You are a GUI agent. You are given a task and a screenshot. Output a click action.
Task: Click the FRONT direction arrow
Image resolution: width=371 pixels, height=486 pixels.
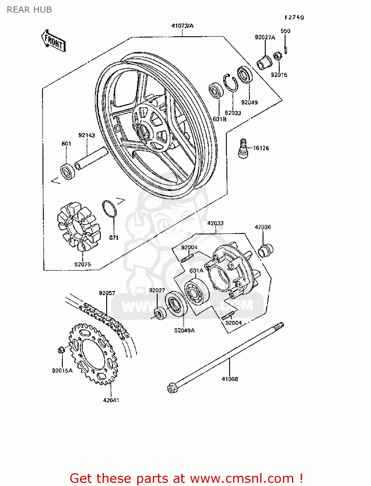coord(54,41)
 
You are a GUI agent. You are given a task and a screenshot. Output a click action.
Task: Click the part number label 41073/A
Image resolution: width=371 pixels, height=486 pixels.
coord(182,26)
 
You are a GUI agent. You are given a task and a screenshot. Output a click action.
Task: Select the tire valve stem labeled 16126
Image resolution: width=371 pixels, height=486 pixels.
coord(243,148)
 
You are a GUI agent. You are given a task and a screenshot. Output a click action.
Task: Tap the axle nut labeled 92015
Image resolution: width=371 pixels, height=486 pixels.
coord(277,57)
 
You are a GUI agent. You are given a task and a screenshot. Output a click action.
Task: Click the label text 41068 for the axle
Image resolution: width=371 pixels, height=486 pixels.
coord(230,379)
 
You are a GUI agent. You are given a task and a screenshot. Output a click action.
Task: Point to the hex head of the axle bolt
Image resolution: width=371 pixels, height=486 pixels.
coord(172,387)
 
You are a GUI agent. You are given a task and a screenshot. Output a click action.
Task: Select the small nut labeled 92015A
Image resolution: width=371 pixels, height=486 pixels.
coord(61,350)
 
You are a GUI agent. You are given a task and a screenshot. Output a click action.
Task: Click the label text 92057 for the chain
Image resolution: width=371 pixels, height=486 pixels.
coord(107,293)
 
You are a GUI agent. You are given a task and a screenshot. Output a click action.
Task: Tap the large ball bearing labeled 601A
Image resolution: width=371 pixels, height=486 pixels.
coord(197,291)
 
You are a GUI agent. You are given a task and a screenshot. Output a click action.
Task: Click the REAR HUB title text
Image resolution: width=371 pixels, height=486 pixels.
coord(29,10)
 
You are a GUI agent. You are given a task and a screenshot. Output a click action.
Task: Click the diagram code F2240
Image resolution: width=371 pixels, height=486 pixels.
coord(294,17)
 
